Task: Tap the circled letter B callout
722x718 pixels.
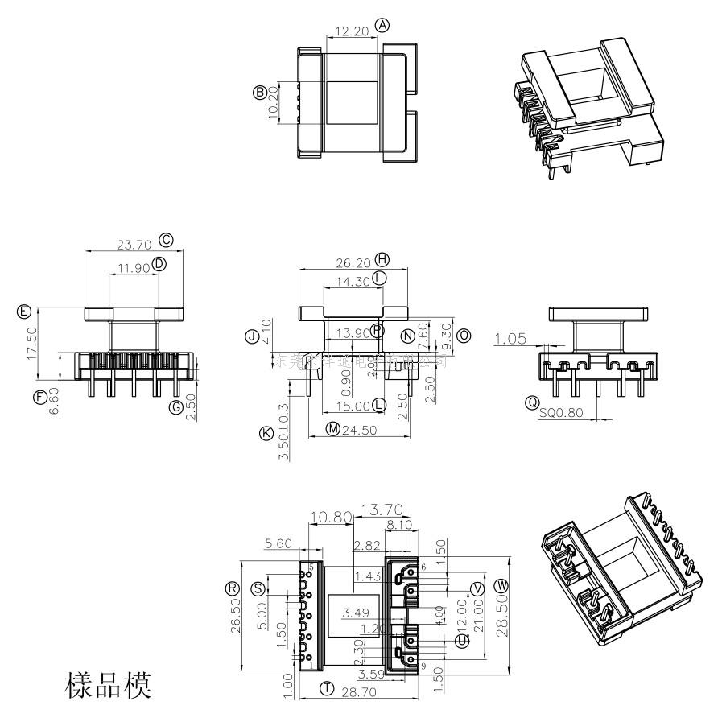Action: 260,92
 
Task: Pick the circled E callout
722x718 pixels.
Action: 24,311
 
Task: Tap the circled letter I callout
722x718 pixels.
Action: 380,277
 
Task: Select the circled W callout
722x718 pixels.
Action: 503,584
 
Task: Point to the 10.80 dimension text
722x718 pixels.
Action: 330,517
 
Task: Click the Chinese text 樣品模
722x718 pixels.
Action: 107,687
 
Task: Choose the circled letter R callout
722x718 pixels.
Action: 233,588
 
